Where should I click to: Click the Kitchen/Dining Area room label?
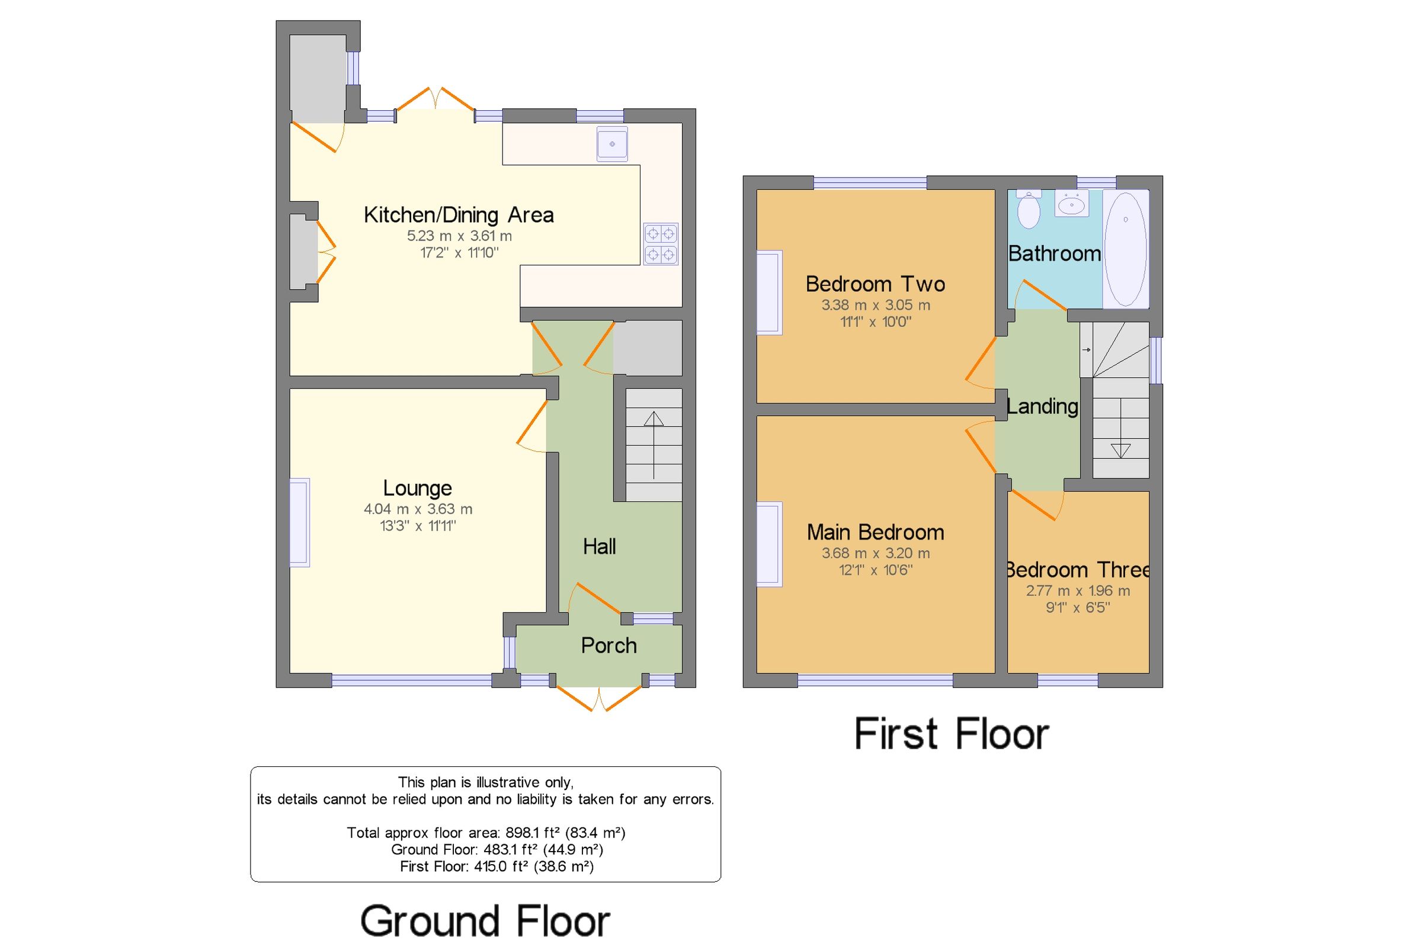(459, 215)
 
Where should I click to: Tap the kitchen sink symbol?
(612, 145)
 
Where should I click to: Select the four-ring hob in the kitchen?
(661, 244)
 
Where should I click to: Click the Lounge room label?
(418, 488)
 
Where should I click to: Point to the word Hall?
(599, 547)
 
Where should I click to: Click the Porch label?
(608, 646)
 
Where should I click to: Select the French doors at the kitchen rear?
(435, 99)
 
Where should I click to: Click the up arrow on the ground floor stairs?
(654, 445)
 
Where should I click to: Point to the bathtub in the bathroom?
(1125, 249)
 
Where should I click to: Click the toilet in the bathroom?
(1028, 209)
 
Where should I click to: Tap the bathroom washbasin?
(1072, 204)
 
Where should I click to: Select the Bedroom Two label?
(875, 284)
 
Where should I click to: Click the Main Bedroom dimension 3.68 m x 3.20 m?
(875, 553)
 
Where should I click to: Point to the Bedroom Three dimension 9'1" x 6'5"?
(1078, 608)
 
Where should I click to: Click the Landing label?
(1042, 406)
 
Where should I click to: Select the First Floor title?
(952, 734)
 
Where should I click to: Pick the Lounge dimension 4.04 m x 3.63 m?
(418, 509)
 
